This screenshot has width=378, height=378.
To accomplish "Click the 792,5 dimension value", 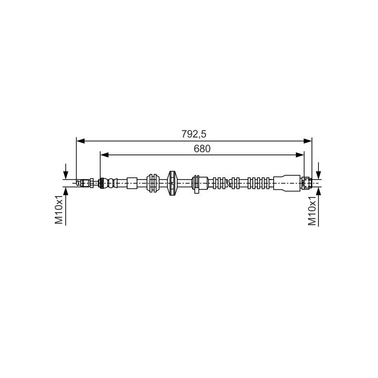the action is click(194, 134).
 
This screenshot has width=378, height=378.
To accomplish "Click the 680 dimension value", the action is click(202, 149).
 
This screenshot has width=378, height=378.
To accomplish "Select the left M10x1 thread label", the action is click(59, 210).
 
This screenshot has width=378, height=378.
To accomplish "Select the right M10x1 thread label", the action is click(312, 211).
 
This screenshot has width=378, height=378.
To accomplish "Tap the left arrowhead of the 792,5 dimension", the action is click(80, 141).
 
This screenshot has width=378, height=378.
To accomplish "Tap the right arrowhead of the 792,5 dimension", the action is click(308, 141).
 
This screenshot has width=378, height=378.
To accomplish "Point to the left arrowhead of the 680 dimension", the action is click(104, 155).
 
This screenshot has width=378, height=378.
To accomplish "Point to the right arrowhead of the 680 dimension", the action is click(300, 155).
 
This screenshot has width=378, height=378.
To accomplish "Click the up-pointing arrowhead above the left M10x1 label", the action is click(66, 191).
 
